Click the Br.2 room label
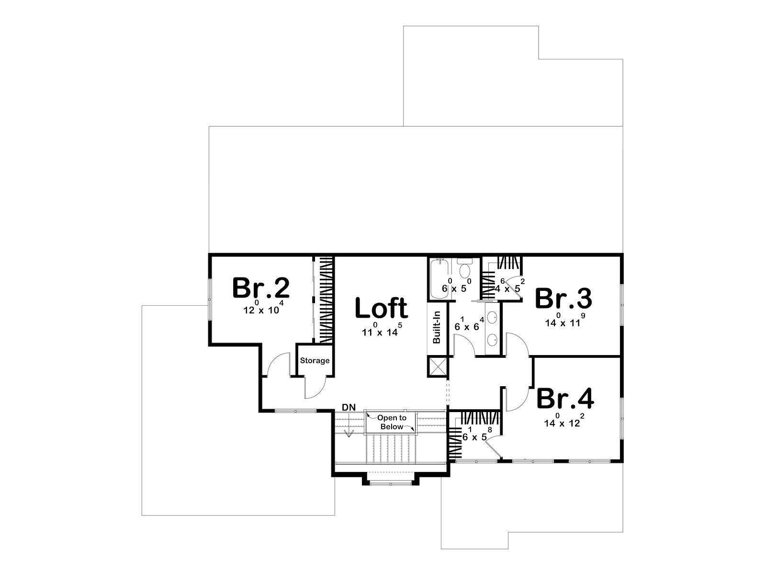[x=261, y=287]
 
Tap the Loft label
[x=381, y=308]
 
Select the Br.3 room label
[x=563, y=299]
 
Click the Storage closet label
[x=315, y=360]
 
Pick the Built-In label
[x=437, y=327]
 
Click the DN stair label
[x=349, y=407]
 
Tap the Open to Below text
[x=392, y=422]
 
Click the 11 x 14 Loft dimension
[x=382, y=330]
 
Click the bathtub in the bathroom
[x=439, y=278]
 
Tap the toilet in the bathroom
[x=464, y=269]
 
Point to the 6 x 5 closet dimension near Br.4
[x=477, y=434]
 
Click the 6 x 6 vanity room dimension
[x=469, y=324]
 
